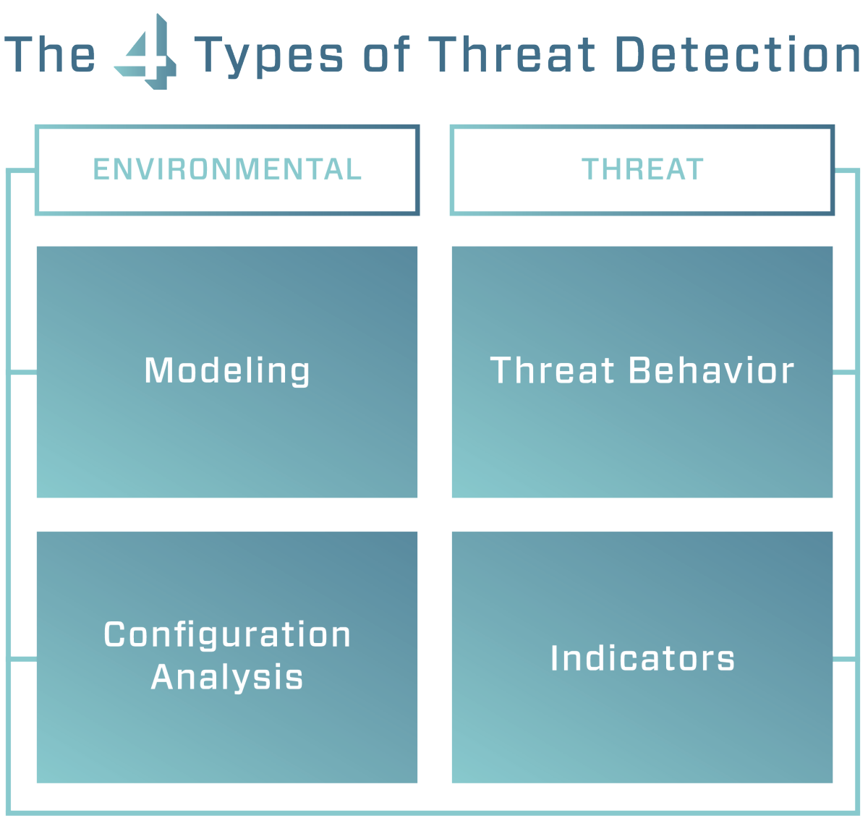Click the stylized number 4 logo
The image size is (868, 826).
click(x=146, y=53)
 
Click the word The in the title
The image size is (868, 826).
click(x=50, y=56)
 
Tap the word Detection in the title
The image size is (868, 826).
click(x=737, y=56)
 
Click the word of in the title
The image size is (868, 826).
click(x=387, y=56)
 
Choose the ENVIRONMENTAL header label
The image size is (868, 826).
click(x=227, y=170)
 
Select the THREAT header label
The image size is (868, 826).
click(x=642, y=170)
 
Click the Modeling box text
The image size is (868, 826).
click(x=227, y=371)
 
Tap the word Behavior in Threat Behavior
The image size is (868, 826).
click(x=711, y=370)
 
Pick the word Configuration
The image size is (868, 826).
click(x=227, y=635)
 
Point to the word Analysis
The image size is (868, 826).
click(x=227, y=678)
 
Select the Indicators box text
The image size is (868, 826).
click(x=642, y=658)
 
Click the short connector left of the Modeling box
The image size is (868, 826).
click(x=23, y=372)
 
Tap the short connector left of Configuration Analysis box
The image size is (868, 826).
click(x=23, y=659)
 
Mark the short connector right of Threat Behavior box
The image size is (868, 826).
click(x=845, y=372)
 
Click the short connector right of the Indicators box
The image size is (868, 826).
click(x=845, y=659)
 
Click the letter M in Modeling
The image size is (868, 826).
click(x=158, y=370)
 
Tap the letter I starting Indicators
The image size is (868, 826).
click(x=554, y=658)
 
